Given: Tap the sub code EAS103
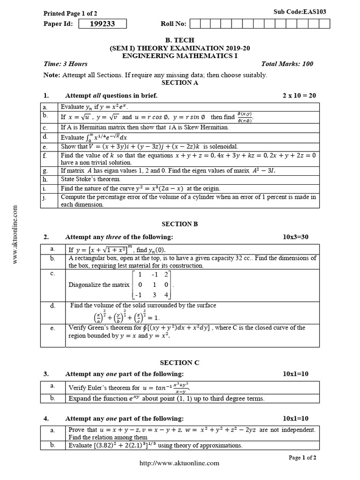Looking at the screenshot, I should pos(295,11).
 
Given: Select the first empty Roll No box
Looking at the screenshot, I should pos(195,24).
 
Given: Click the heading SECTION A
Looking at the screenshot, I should pos(180,82).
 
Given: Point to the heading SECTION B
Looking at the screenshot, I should pos(180,224).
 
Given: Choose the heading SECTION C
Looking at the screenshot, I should pos(180,362).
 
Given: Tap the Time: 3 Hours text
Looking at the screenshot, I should pos(65,64).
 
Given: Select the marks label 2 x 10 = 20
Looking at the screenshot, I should pos(299,95).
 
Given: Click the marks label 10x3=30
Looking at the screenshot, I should pos(295,237).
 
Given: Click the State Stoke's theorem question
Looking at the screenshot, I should pos(90,179).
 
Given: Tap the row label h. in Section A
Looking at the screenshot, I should pos(45,179).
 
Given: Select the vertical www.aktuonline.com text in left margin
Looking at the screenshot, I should pos(15,234).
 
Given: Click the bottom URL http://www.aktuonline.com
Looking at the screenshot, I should pos(180,463).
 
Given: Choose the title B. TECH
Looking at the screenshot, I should pos(180,40).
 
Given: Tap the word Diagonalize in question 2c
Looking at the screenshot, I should pos(84,285).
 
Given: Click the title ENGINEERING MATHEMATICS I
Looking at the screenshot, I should pos(180,55).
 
